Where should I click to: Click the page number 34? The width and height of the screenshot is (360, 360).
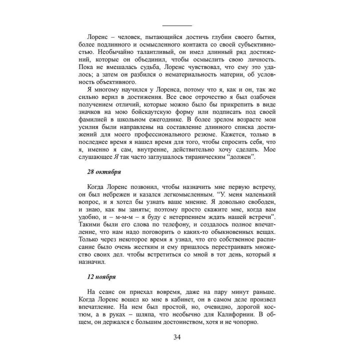pyautogui.click(x=177, y=336)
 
